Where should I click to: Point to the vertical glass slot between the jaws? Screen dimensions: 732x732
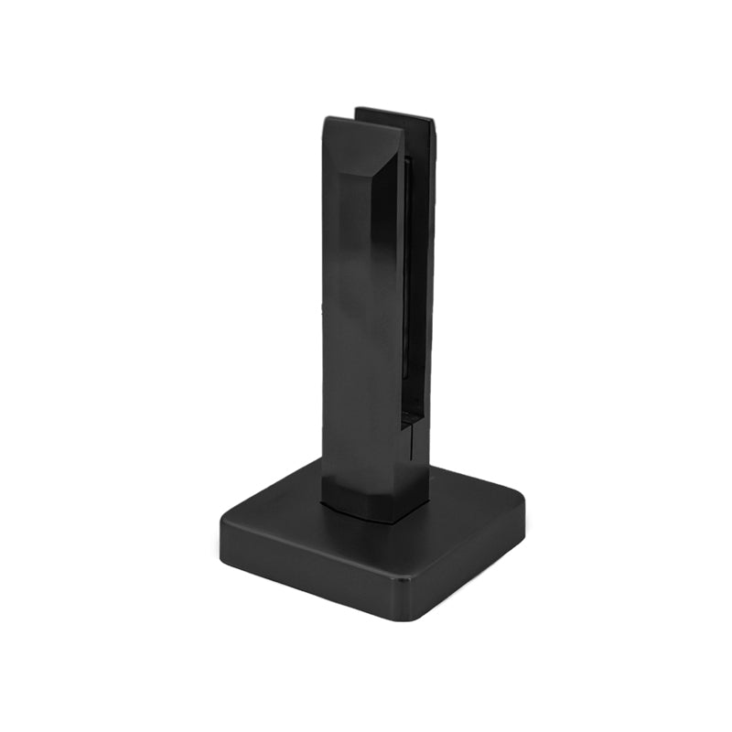click(x=414, y=274)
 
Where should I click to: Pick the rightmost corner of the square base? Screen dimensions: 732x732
click(x=523, y=499)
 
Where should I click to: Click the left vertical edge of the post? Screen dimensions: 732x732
click(x=322, y=320)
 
